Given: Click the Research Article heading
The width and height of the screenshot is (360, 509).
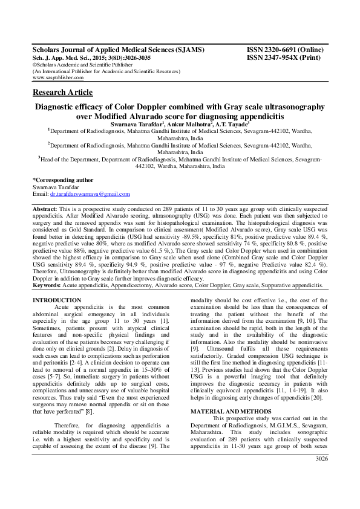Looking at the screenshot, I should tap(62, 92).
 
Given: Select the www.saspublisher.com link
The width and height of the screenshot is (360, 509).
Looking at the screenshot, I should tap(58, 78).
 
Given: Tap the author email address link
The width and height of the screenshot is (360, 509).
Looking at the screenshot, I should tap(90, 194).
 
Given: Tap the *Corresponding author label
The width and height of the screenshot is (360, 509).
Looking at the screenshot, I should tap(63, 180).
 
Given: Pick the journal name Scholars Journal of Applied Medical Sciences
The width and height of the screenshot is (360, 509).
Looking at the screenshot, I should tap(118, 49).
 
